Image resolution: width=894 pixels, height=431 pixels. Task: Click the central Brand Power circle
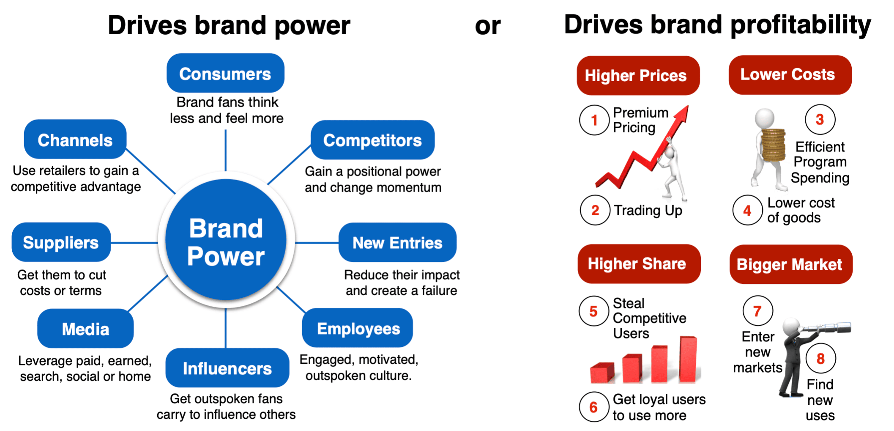pos(226,240)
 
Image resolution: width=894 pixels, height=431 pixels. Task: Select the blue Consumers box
pos(225,73)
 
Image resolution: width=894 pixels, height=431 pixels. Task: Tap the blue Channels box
pos(75,139)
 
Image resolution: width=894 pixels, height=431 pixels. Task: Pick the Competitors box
pos(372,140)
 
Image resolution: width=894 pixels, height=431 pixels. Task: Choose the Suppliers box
pos(61,242)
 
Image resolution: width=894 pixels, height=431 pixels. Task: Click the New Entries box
pos(397,242)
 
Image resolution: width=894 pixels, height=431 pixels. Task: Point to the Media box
pos(85,329)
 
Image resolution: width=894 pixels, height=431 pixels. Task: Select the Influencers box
pos(227,368)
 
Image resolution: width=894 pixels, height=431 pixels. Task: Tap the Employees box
pos(358,328)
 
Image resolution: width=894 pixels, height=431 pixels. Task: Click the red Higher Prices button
pos(638,75)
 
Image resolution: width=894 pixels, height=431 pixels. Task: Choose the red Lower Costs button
pos(790,75)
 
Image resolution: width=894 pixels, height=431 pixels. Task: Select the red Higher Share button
pos(639,264)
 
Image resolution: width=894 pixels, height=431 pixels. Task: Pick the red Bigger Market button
pos(791,264)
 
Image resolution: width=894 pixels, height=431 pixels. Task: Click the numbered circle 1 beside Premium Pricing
pos(594,120)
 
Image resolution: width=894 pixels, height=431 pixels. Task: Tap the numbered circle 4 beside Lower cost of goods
pos(747,210)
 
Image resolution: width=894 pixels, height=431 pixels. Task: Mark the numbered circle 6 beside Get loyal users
pos(594,407)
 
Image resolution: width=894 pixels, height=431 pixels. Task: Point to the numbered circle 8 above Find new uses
pos(820,359)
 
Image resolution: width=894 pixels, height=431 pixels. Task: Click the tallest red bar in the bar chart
pos(688,359)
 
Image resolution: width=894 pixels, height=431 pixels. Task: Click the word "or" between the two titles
pos(488,26)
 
